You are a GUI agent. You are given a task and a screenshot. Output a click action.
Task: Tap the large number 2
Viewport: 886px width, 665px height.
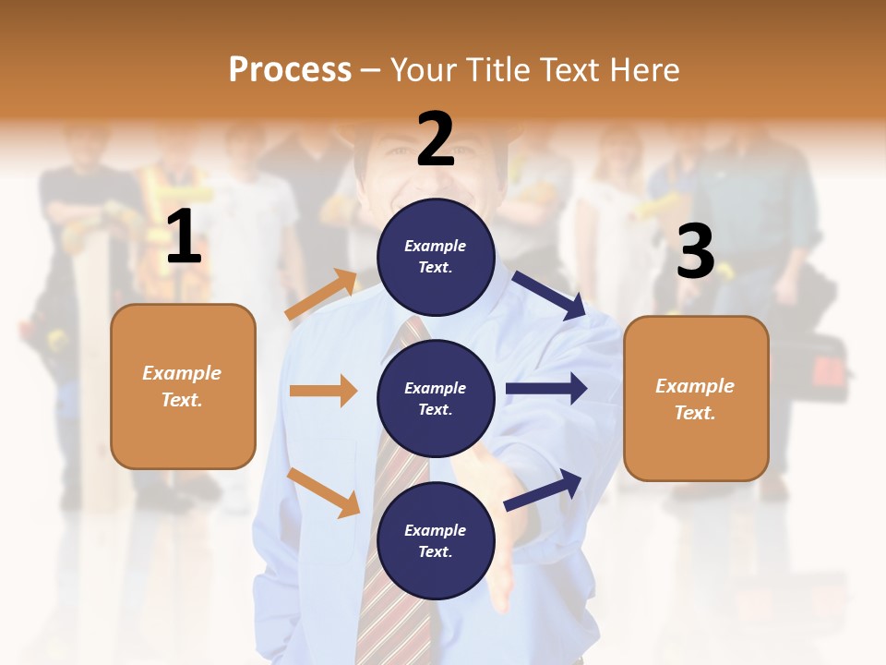coord(436,139)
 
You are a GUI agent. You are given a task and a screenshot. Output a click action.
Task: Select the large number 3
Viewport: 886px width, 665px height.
coord(696,251)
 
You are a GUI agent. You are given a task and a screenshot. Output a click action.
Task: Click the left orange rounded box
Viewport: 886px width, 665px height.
coord(183,386)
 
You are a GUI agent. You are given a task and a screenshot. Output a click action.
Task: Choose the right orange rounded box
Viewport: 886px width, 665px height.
coord(696,399)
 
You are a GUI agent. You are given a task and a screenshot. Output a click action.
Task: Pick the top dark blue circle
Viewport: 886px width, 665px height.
coord(436,257)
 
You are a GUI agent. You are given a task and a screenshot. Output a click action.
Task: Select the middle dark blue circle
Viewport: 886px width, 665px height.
coord(436,399)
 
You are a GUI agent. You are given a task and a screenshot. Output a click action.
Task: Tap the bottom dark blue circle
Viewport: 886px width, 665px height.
coord(436,541)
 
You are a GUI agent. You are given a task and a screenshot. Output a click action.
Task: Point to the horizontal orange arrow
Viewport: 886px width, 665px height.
coord(323,391)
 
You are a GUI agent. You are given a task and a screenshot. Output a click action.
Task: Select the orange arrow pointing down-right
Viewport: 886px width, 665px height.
coord(323,491)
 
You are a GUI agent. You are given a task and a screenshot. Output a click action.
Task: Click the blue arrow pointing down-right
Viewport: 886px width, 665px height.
coord(549,295)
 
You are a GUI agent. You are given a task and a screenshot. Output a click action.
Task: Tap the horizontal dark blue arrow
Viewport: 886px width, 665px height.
coord(546,389)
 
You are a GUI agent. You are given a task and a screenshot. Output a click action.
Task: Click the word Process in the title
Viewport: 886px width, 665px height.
coord(290,69)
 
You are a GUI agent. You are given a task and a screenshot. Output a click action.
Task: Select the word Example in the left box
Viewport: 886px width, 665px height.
coord(182,373)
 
